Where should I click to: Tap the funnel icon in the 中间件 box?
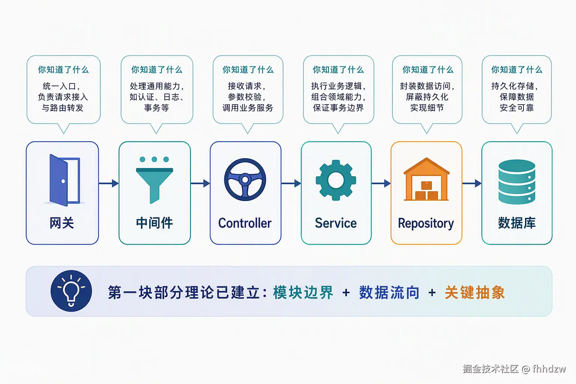click(x=154, y=180)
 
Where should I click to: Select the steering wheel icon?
click(x=245, y=180)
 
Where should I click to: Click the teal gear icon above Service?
click(x=336, y=180)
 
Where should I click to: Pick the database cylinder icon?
click(x=517, y=181)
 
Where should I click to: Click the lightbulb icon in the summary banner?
click(x=71, y=291)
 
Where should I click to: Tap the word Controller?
click(x=245, y=223)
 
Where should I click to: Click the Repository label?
click(x=426, y=223)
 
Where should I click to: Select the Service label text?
click(x=336, y=223)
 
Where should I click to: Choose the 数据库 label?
click(x=517, y=223)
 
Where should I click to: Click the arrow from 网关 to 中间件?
click(x=109, y=183)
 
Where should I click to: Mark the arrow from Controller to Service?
click(x=291, y=183)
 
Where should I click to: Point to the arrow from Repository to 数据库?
click(x=472, y=183)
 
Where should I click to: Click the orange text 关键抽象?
click(x=475, y=292)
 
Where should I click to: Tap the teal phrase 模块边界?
click(x=303, y=292)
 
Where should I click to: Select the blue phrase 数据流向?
click(x=389, y=292)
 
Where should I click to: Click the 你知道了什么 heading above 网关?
click(x=63, y=70)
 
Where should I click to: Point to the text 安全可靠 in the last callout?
click(x=517, y=108)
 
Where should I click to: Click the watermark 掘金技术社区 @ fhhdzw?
click(x=514, y=369)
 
